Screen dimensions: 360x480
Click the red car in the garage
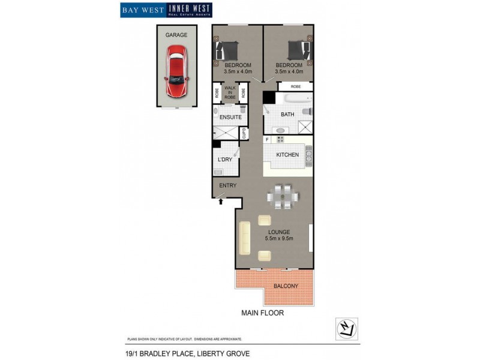(x=176, y=74)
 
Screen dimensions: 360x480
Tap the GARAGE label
(x=176, y=35)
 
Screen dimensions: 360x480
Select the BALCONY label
(x=286, y=286)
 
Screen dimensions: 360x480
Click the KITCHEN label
(x=287, y=155)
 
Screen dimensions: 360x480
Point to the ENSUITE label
(x=230, y=117)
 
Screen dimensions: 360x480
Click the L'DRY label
(x=225, y=160)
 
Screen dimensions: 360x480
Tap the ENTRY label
(x=227, y=186)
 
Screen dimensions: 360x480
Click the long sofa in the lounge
(x=244, y=236)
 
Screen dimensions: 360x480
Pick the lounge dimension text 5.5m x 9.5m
(x=279, y=238)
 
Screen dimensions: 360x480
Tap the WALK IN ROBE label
(x=230, y=92)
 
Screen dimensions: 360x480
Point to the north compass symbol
(x=346, y=328)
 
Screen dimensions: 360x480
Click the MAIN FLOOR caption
(x=262, y=313)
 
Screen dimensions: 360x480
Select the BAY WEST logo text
(x=143, y=10)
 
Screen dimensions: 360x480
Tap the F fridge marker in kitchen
(x=268, y=140)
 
